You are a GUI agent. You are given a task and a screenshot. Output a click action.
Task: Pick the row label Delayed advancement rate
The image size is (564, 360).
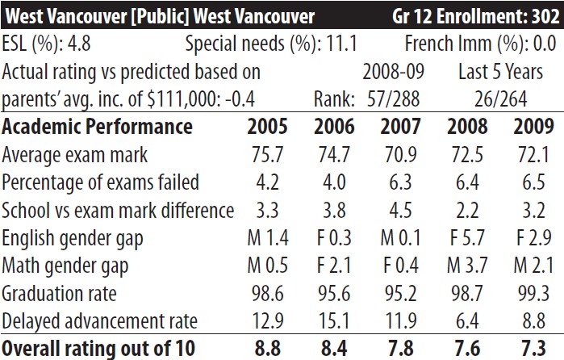tap(100, 321)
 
